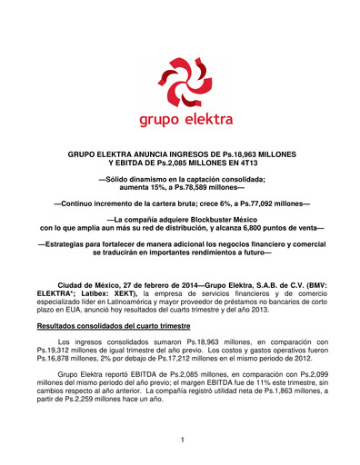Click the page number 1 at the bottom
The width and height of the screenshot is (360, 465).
[181, 440]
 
